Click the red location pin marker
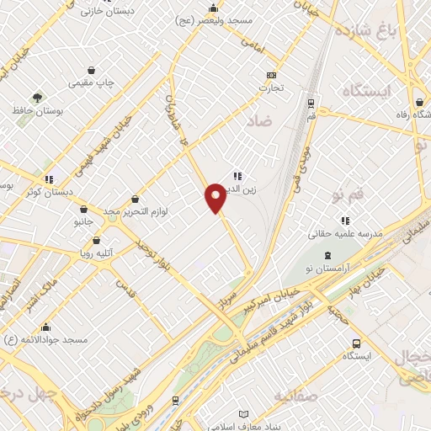coord(215,198)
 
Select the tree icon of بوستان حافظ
coord(37,98)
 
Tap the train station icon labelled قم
coord(311,104)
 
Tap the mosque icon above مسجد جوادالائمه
coord(45,327)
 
